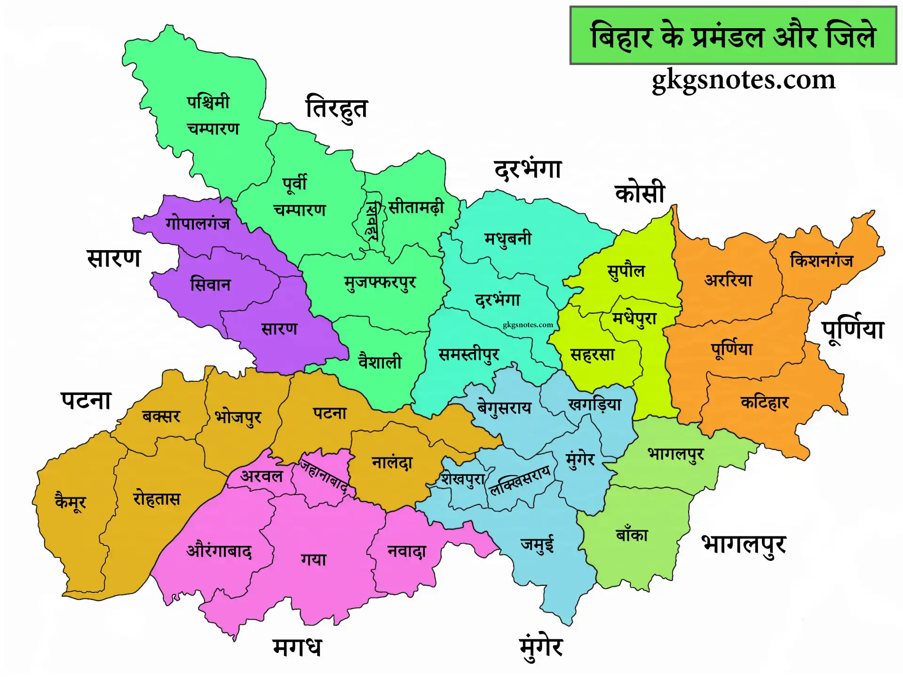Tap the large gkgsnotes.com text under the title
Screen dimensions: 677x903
[743, 80]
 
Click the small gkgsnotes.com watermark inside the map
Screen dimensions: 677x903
[528, 325]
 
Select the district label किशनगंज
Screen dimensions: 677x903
[821, 260]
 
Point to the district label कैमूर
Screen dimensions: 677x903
[71, 501]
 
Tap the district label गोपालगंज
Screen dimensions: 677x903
[198, 224]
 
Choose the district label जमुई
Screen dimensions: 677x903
[537, 544]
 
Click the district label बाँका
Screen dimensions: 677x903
[632, 535]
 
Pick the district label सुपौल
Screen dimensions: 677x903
[626, 271]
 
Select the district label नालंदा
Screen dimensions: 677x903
[392, 463]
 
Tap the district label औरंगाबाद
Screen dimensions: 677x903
[219, 551]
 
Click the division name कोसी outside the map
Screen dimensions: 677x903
[640, 193]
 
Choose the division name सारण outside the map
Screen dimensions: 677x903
[114, 258]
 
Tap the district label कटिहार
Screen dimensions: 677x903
[764, 402]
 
